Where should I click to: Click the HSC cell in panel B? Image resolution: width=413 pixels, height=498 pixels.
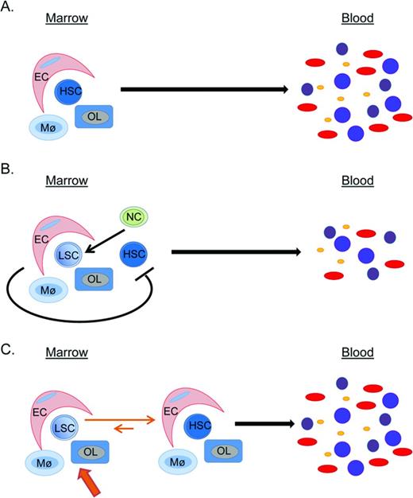point(133,255)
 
